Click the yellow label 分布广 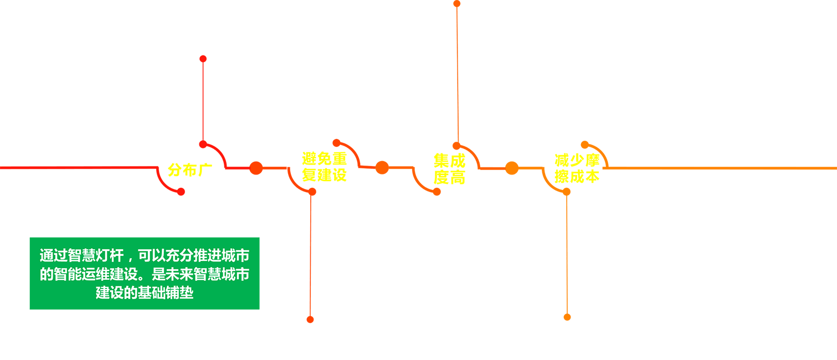pyautogui.click(x=190, y=169)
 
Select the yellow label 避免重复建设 pyautogui.click(x=325, y=167)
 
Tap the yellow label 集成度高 pyautogui.click(x=449, y=169)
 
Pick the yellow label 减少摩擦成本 pyautogui.click(x=577, y=168)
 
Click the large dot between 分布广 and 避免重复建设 pyautogui.click(x=256, y=168)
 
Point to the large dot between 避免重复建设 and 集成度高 pyautogui.click(x=382, y=167)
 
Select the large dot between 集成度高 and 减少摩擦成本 pyautogui.click(x=511, y=168)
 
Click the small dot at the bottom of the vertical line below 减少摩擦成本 pyautogui.click(x=567, y=317)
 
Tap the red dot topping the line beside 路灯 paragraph pyautogui.click(x=203, y=58)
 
